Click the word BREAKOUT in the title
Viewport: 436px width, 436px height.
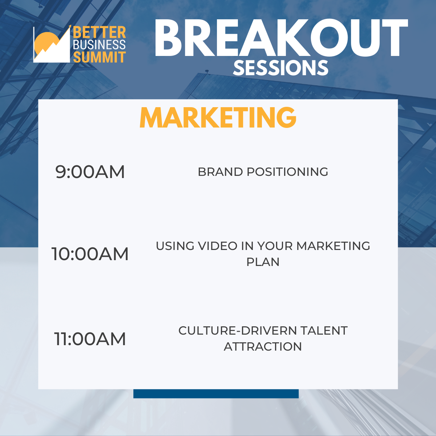281,38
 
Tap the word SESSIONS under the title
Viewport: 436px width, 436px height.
280,68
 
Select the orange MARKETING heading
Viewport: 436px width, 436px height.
218,117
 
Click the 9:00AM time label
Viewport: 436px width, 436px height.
90,172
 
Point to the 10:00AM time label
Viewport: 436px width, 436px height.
90,254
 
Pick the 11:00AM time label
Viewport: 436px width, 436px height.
90,339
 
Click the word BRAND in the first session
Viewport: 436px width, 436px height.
221,172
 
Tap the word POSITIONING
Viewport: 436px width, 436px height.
287,172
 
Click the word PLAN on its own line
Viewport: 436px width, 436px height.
263,262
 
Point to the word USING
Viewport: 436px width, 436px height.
175,246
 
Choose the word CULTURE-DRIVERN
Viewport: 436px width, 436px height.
237,331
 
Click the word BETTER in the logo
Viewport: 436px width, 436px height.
99,33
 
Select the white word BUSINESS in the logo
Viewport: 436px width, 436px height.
99,45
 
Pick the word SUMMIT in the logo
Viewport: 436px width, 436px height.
99,57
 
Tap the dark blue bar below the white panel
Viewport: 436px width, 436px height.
216,394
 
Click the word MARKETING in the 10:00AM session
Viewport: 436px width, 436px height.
333,246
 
